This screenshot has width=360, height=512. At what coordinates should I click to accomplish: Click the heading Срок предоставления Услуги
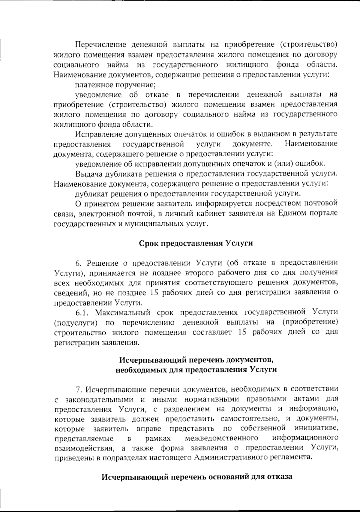coord(196,243)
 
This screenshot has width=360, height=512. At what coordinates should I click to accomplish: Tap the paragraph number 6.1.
coord(82,312)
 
